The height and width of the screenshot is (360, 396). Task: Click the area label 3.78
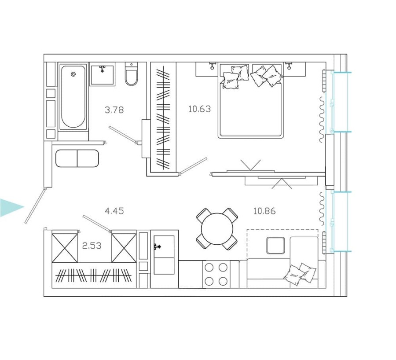pyautogui.click(x=114, y=110)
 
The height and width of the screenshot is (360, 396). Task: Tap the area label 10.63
pyautogui.click(x=199, y=109)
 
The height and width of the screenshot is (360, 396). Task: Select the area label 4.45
pyautogui.click(x=114, y=211)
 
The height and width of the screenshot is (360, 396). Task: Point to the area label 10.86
pyautogui.click(x=264, y=211)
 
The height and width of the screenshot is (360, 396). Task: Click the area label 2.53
pyautogui.click(x=92, y=246)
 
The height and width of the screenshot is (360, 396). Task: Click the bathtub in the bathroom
pyautogui.click(x=73, y=97)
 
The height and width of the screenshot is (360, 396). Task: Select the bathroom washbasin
pyautogui.click(x=102, y=74)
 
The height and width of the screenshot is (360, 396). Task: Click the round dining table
pyautogui.click(x=217, y=229)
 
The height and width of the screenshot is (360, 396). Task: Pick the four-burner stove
pyautogui.click(x=216, y=274)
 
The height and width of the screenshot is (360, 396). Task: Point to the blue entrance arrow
pyautogui.click(x=12, y=207)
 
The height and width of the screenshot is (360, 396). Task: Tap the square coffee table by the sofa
pyautogui.click(x=275, y=246)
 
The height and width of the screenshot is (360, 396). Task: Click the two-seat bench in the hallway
pyautogui.click(x=77, y=158)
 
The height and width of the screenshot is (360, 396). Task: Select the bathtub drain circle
pyautogui.click(x=73, y=74)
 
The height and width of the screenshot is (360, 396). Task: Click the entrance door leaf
pyautogui.click(x=35, y=206)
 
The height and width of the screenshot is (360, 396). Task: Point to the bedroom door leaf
pyautogui.click(x=194, y=166)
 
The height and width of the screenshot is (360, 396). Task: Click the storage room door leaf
pyautogui.click(x=97, y=223)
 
